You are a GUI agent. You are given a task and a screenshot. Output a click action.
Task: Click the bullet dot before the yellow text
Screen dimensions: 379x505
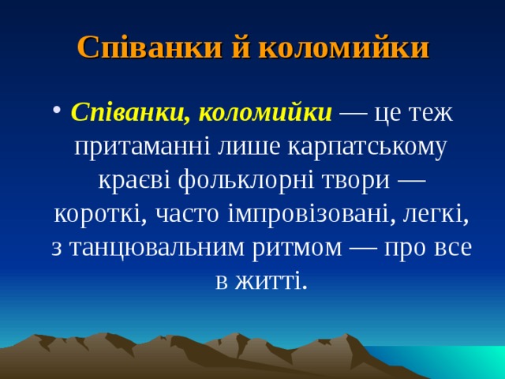60,113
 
